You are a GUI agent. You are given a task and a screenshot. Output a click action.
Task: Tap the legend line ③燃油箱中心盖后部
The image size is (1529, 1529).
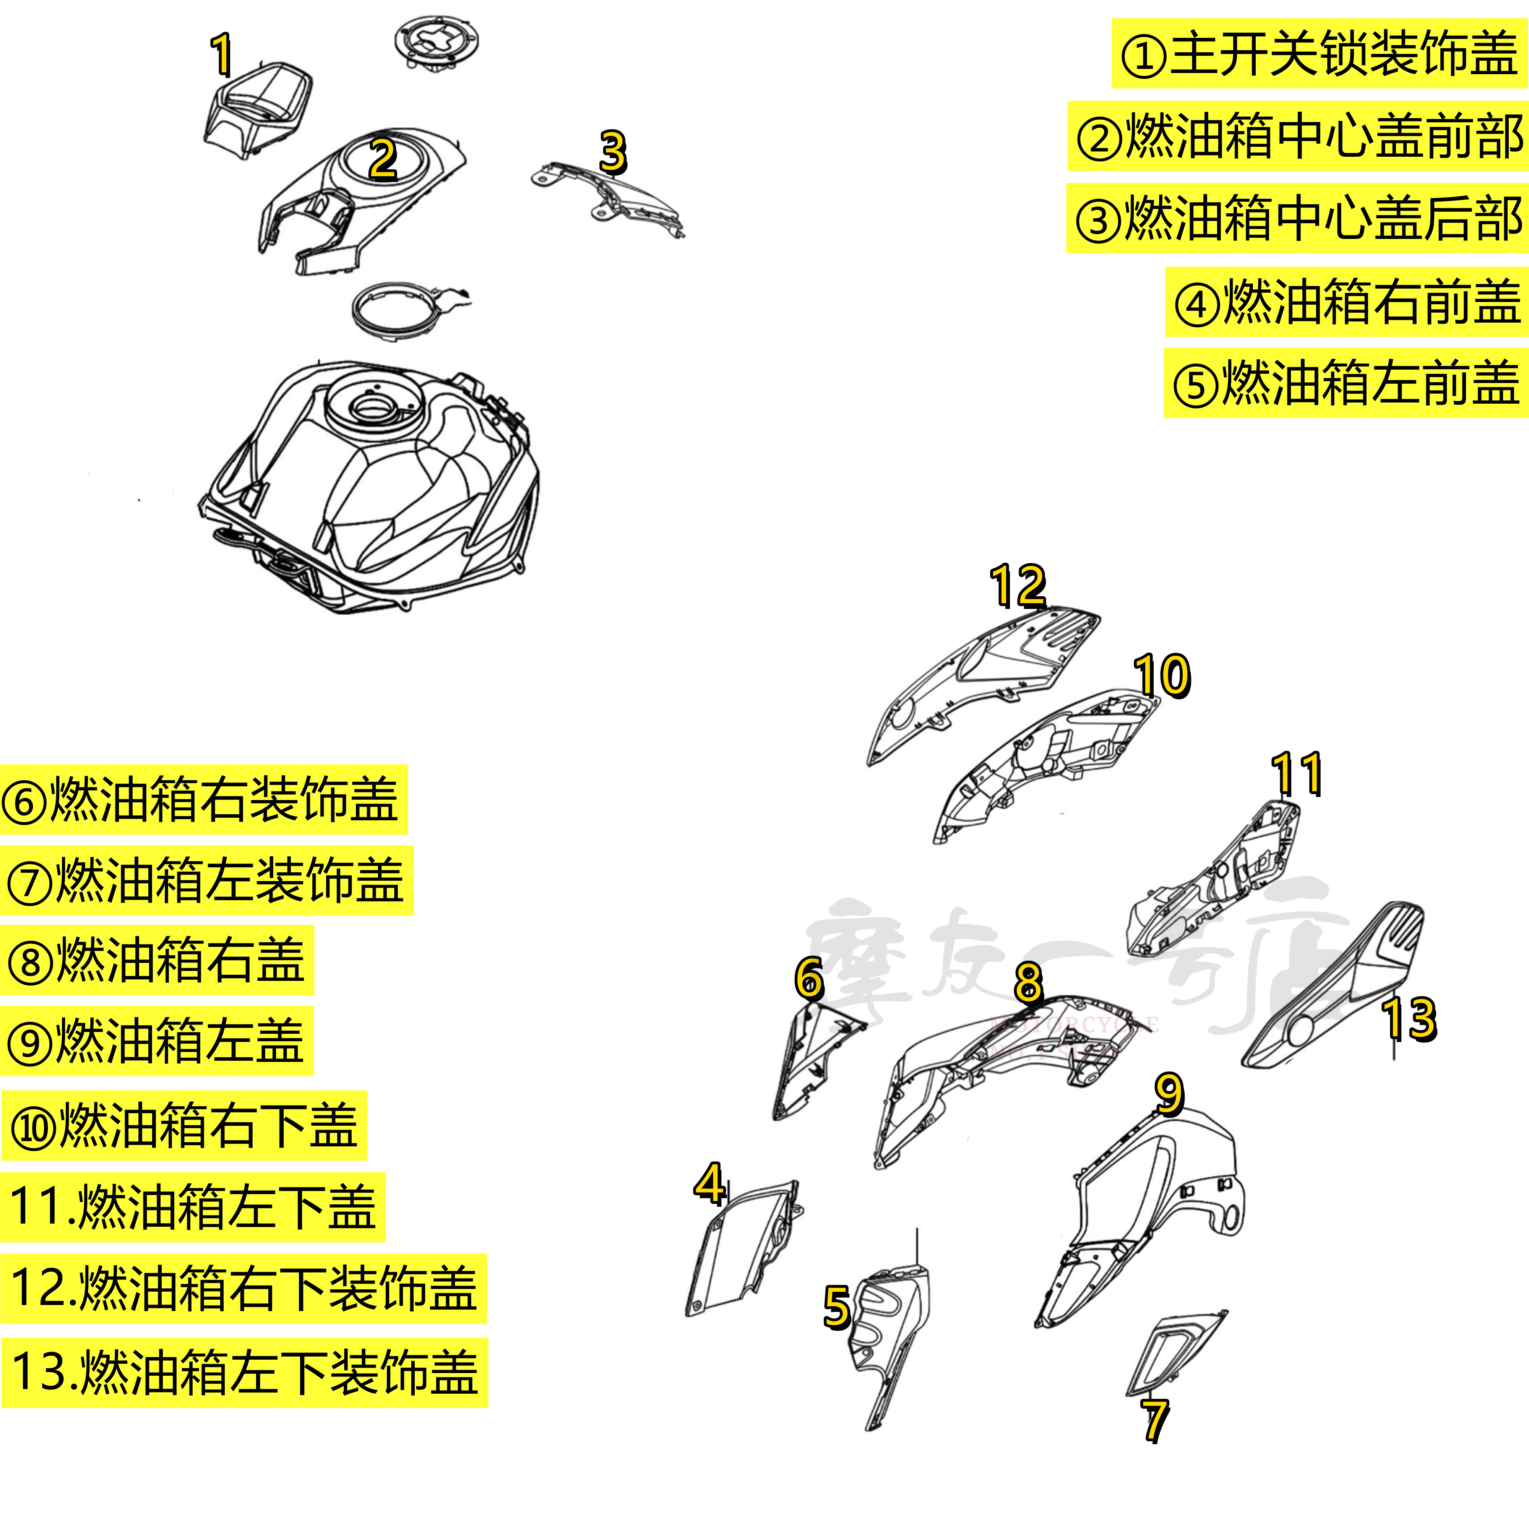pyautogui.click(x=1298, y=218)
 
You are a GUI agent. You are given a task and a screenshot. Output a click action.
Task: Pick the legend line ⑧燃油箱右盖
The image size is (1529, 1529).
pyautogui.click(x=157, y=960)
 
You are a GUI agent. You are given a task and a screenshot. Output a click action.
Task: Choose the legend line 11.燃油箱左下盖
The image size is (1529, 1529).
pyautogui.click(x=192, y=1207)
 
